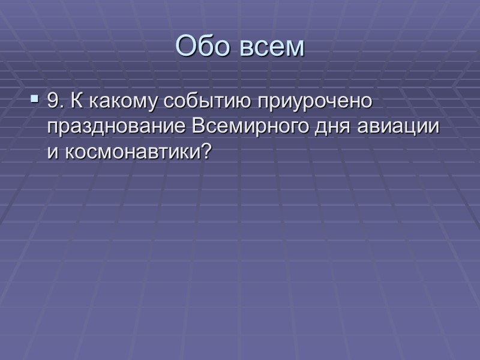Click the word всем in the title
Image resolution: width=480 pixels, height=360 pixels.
point(273,47)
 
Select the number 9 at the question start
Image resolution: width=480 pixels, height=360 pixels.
point(53,102)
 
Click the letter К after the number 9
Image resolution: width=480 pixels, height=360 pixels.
point(75,102)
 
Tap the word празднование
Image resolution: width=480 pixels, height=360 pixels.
point(118,128)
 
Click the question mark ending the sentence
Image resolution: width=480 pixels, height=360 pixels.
point(208,152)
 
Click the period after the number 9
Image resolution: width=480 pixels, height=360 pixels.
point(60,106)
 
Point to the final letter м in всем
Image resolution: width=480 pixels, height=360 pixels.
point(295,49)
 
